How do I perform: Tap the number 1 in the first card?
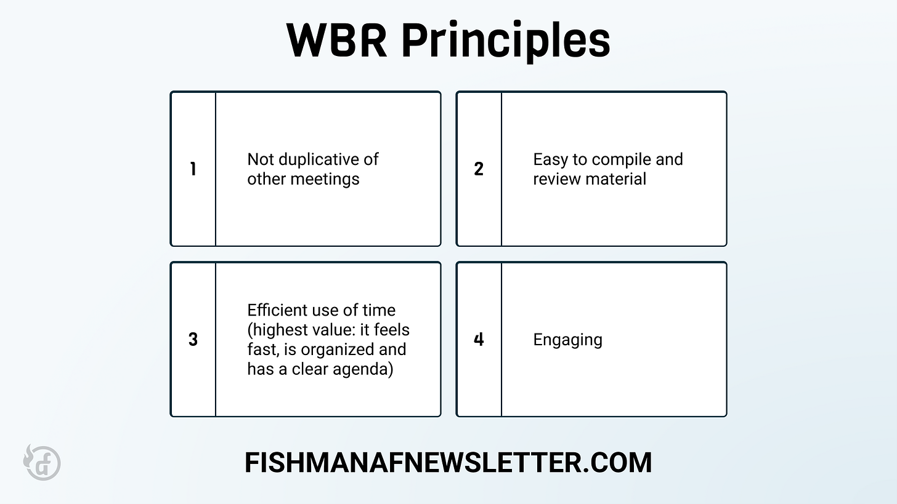(193, 169)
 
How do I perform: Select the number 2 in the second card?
(479, 169)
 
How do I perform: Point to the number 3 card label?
(193, 339)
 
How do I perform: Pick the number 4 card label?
(479, 339)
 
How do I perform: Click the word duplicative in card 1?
(317, 159)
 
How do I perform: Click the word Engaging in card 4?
(567, 340)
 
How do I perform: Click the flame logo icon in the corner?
(42, 462)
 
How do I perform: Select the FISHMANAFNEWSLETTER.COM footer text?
(448, 462)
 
